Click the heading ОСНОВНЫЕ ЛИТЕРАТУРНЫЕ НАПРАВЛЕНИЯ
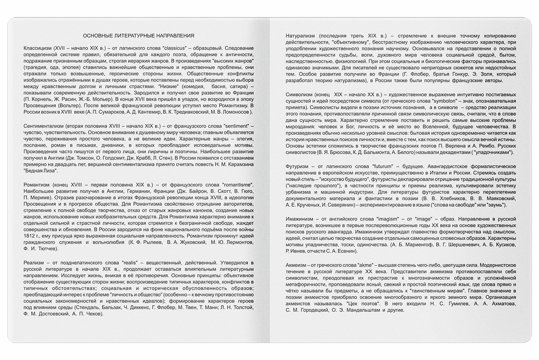point(139,36)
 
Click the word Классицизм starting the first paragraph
point(36,47)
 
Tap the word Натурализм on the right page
point(302,36)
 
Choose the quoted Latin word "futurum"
point(371,166)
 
